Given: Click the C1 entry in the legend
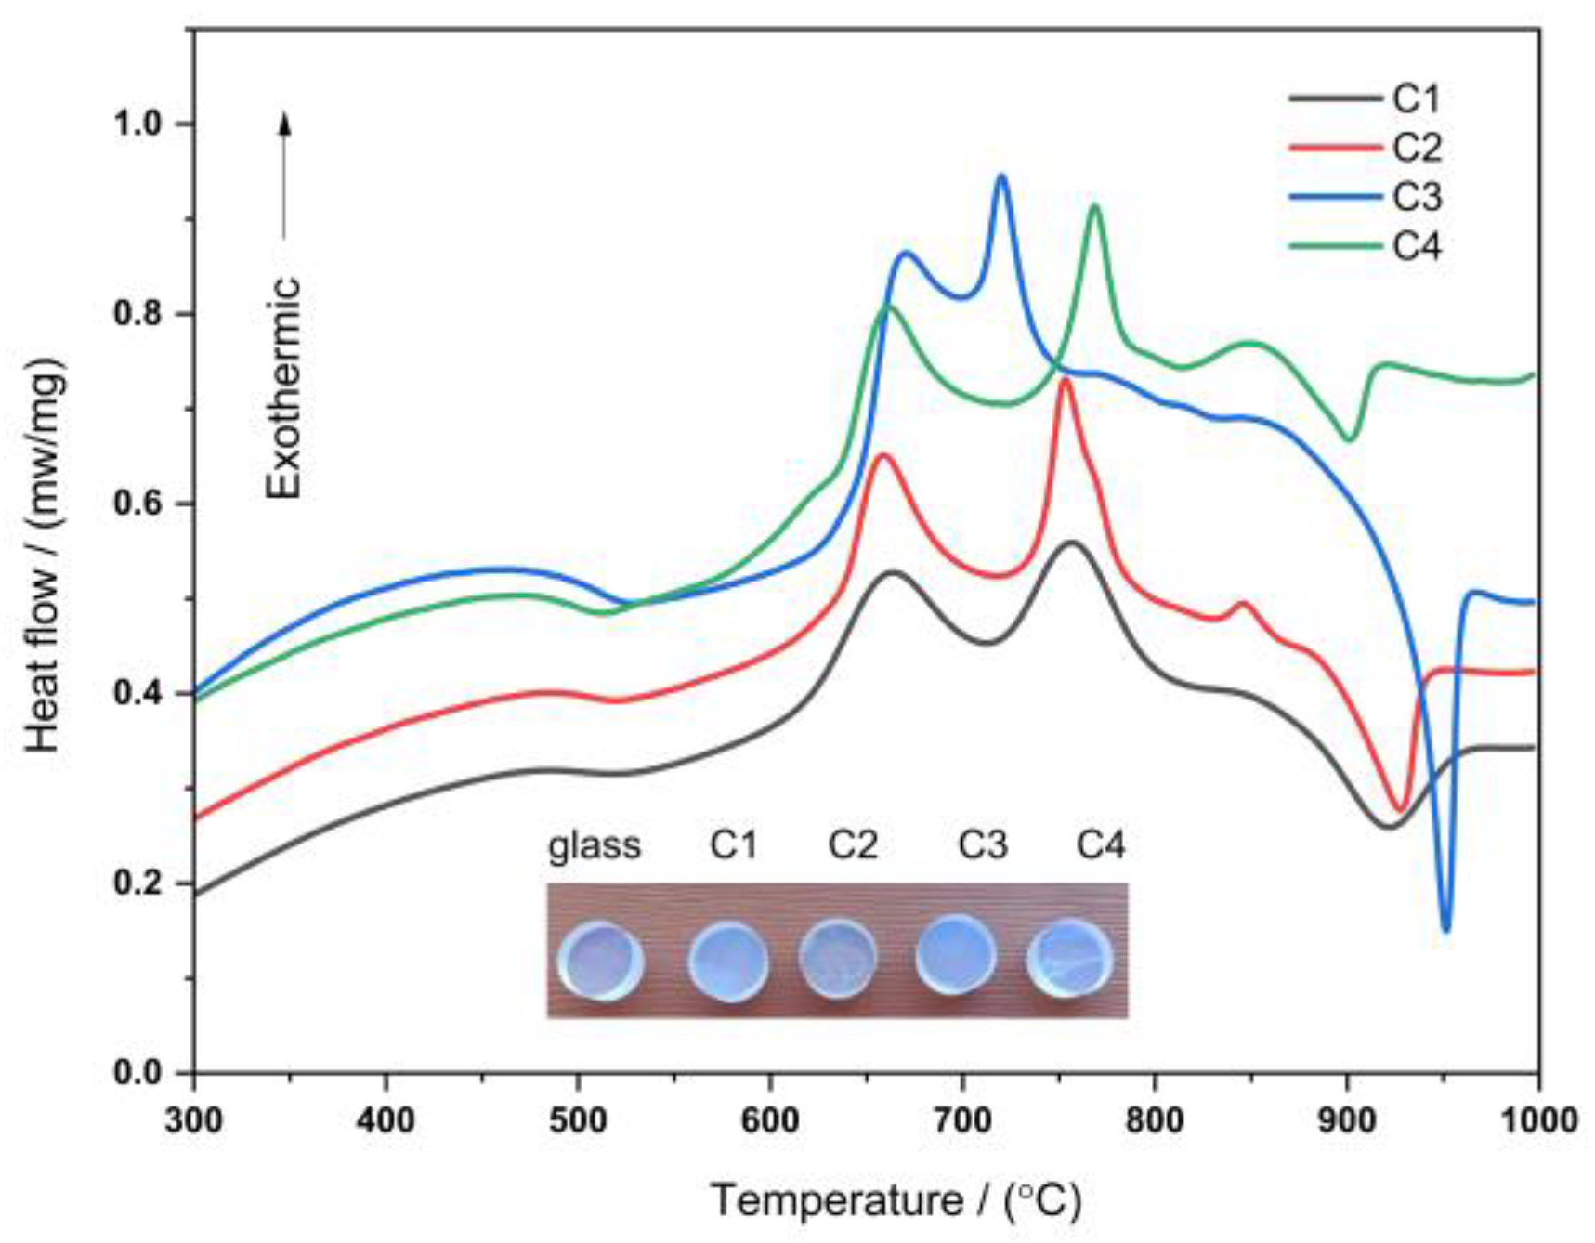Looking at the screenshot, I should coord(1416,98).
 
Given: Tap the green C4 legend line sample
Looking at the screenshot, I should coord(1336,246).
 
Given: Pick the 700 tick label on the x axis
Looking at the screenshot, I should coord(962,1119).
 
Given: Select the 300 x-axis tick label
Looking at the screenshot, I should coord(194,1119).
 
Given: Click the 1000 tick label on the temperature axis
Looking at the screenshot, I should coord(1537,1119).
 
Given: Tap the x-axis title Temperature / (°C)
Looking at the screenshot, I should coord(896,1200).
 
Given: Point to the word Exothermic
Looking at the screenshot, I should coord(284,388).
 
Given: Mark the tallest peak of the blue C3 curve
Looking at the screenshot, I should coord(1001,176).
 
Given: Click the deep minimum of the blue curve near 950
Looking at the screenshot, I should coord(1445,929).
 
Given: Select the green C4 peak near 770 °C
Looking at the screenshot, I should coord(1095,206).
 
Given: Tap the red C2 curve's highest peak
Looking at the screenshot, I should coord(1066,380).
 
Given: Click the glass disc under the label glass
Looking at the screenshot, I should coord(600,961).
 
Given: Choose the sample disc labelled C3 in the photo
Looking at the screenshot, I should coord(956,954).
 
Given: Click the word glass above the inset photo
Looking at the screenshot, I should coord(595,846).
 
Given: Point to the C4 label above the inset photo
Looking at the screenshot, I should coord(1101,845).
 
